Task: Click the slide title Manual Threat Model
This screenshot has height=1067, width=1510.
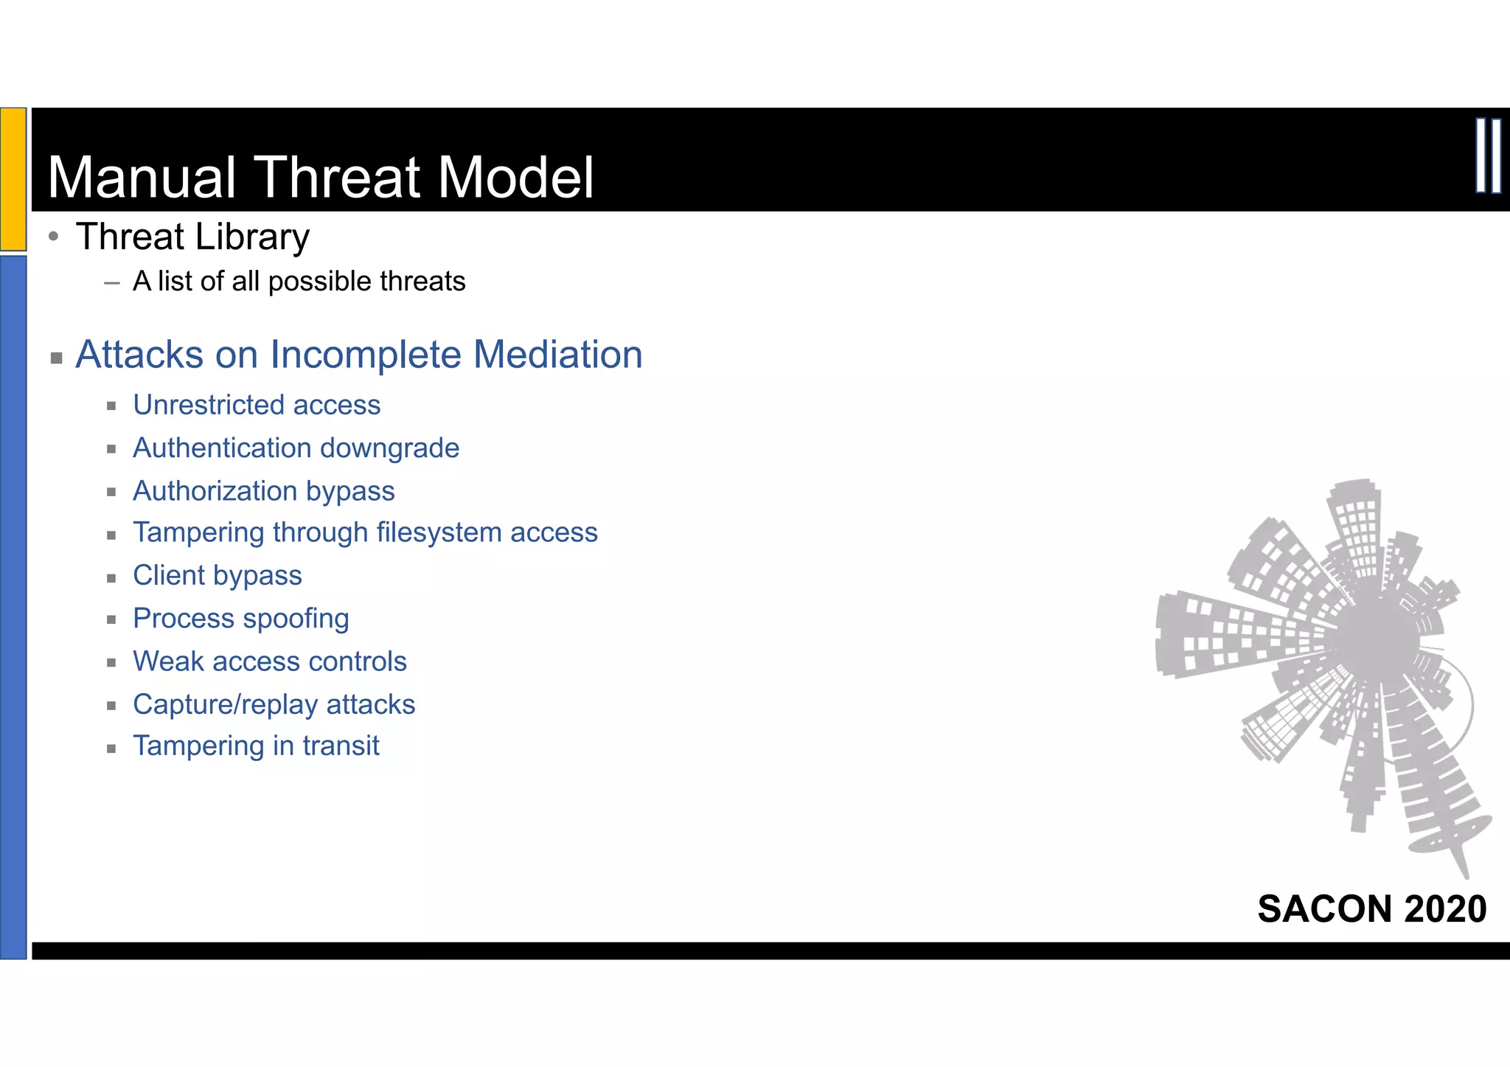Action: coord(320,178)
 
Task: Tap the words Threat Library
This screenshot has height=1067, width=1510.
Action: coord(192,237)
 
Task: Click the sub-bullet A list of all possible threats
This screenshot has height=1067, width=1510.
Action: coord(299,282)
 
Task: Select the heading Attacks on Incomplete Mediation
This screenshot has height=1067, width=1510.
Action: coord(359,355)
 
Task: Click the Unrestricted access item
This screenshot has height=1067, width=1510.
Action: coord(257,405)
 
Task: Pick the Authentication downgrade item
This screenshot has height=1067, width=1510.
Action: coord(296,448)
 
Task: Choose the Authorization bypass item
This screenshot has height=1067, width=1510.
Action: coord(263,491)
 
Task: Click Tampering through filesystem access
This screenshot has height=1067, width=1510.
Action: coord(365,532)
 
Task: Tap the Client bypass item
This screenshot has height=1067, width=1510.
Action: coord(217,575)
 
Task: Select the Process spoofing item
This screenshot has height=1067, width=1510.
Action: coord(240,618)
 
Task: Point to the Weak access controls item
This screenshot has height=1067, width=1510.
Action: coord(269,661)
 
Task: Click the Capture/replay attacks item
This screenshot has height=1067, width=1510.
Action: coord(274,704)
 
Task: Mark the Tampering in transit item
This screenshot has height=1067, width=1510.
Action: coord(256,746)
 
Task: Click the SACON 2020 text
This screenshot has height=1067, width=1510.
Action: coord(1371,908)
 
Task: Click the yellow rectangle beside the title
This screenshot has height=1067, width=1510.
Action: coord(13,179)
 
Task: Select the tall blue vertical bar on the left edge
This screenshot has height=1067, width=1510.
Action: coord(13,606)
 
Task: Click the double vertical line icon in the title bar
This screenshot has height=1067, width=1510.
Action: coord(1488,156)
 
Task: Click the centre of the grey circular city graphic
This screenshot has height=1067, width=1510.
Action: coord(1376,636)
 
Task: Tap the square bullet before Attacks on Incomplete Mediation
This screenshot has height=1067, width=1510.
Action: coord(56,358)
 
